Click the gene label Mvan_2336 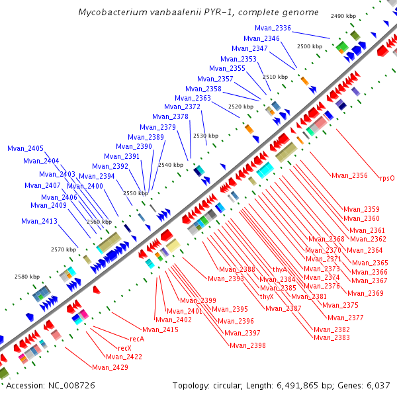point(273,28)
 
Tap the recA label point(136,339)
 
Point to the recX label point(124,348)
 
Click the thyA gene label point(280,269)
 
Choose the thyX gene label point(267,296)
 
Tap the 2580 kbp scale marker point(27,277)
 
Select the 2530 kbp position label point(206,136)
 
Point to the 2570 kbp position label point(64,249)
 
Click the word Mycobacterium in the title point(113,13)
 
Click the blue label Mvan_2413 point(40,221)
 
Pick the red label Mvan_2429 point(109,367)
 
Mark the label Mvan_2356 point(349,175)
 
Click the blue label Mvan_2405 point(26,148)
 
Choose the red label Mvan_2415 point(160,330)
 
